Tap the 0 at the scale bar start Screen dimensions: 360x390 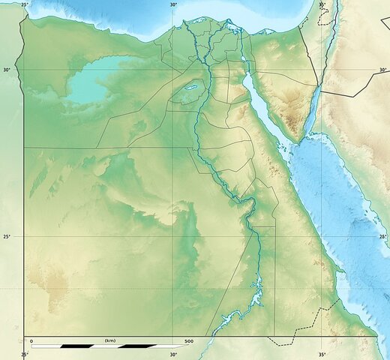pos(31,341)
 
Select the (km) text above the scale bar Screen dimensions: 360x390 pos(109,341)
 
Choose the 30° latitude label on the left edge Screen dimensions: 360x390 pos(7,70)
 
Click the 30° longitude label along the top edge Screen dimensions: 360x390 pos(173,4)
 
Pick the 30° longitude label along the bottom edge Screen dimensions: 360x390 pos(173,355)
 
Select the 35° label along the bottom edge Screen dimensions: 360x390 pos(321,355)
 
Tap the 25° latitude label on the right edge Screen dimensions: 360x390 pos(382,237)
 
